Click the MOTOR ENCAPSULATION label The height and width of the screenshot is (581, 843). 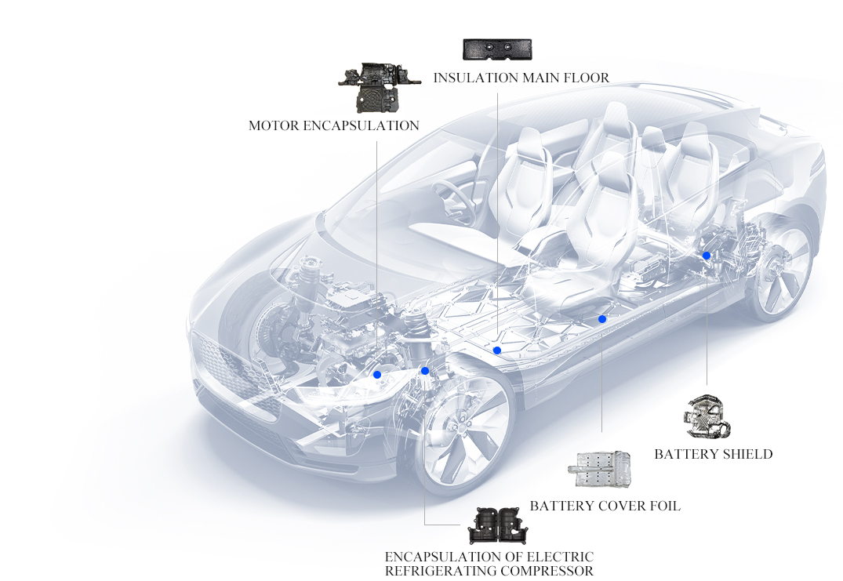click(x=333, y=125)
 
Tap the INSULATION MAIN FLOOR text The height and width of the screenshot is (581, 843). click(x=521, y=78)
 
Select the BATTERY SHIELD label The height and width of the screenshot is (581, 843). click(x=713, y=454)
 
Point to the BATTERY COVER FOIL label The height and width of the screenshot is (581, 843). click(x=605, y=506)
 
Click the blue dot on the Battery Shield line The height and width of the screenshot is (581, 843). click(x=707, y=256)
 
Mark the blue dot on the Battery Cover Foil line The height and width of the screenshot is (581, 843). click(x=602, y=319)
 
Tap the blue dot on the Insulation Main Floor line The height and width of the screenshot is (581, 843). click(x=497, y=350)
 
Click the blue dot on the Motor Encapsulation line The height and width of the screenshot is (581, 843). click(x=377, y=375)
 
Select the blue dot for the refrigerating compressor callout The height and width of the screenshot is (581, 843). click(x=425, y=371)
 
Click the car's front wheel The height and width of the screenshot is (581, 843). click(x=463, y=435)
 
